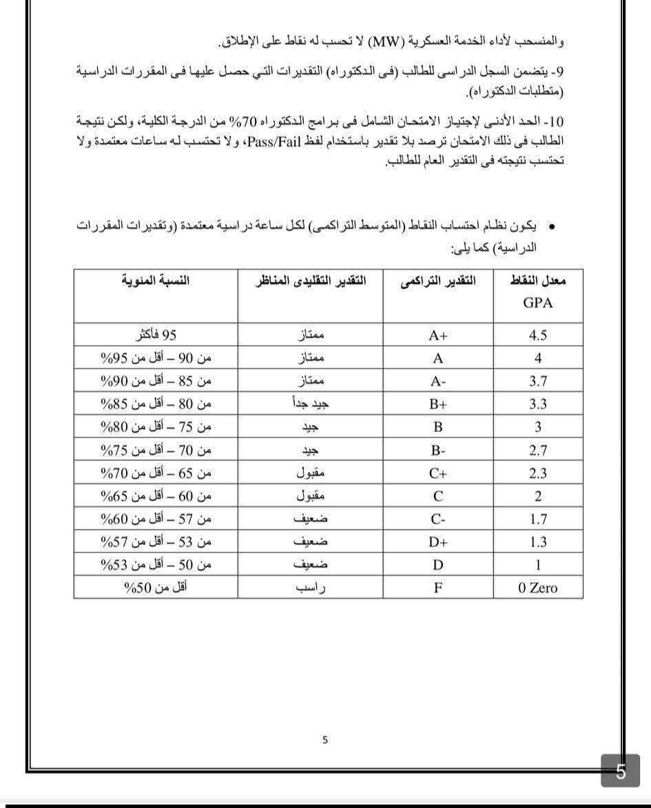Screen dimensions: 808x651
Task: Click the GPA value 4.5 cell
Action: click(x=537, y=335)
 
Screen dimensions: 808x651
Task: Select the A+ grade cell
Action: click(x=437, y=335)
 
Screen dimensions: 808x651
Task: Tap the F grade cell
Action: click(x=437, y=588)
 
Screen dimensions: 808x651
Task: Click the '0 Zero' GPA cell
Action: click(x=538, y=588)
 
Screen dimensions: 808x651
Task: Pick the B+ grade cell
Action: click(x=437, y=404)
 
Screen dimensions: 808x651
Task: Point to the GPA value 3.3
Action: click(x=538, y=404)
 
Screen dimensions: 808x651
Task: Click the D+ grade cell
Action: click(x=437, y=542)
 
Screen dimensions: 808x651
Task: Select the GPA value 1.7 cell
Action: click(x=538, y=519)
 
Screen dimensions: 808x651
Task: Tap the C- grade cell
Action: click(x=437, y=519)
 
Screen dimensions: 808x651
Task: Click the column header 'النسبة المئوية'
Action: click(x=155, y=281)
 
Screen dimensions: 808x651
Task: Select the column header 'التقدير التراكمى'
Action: click(x=438, y=281)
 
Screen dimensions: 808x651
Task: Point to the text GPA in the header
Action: click(x=538, y=302)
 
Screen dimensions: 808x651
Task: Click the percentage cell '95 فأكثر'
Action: click(x=156, y=335)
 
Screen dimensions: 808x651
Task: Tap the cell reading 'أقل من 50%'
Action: click(x=156, y=588)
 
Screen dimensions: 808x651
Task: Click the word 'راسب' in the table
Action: click(x=311, y=588)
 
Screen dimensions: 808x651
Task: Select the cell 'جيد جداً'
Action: click(x=311, y=404)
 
